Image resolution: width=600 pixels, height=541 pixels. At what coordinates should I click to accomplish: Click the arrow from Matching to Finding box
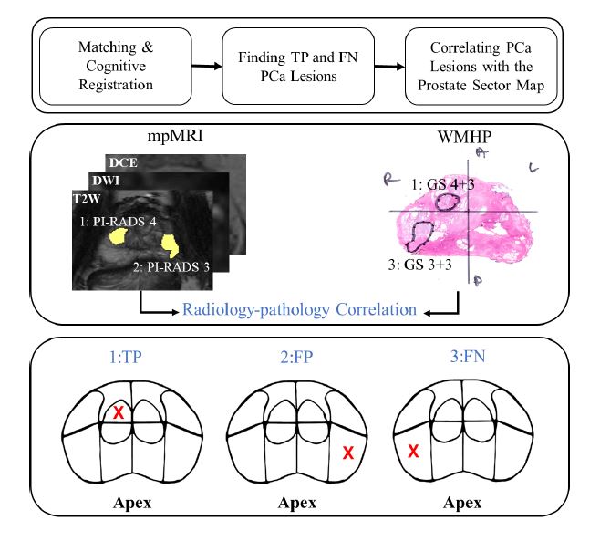pos(206,66)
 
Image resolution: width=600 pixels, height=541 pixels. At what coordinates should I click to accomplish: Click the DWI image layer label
pos(106,180)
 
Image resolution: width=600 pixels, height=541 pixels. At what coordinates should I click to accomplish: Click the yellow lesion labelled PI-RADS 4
pos(118,237)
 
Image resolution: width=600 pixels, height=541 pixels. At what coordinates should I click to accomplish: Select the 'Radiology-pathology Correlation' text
pos(299,310)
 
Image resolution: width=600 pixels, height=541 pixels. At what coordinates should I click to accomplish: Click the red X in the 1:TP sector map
pos(119,413)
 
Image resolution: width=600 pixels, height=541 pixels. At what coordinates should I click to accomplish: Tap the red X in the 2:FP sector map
pos(347,453)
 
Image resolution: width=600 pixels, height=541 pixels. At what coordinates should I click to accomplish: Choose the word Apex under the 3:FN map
pos(464,503)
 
